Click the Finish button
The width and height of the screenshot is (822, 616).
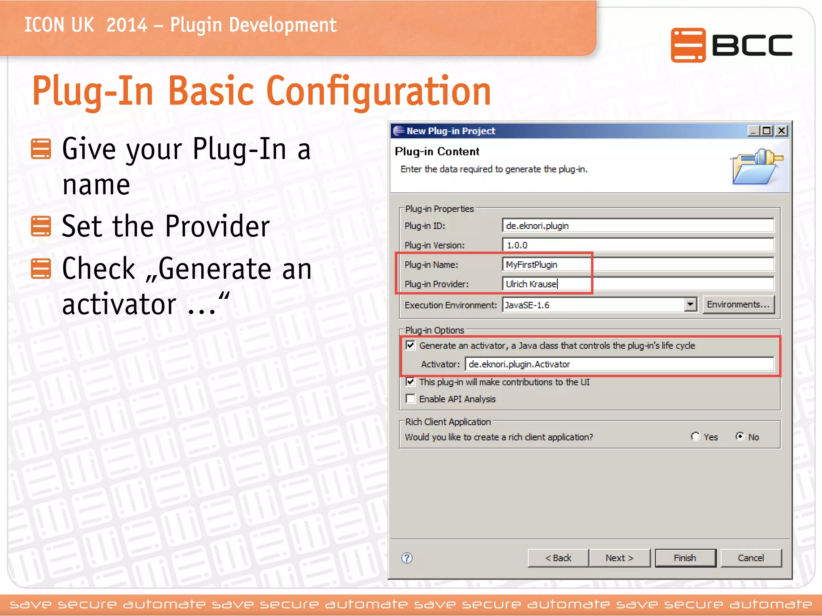pyautogui.click(x=685, y=558)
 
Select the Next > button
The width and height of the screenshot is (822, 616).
pyautogui.click(x=619, y=558)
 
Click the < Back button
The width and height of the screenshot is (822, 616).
pyautogui.click(x=558, y=558)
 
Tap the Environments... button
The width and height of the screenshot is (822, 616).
pyautogui.click(x=738, y=305)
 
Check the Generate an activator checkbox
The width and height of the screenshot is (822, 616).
pyautogui.click(x=410, y=345)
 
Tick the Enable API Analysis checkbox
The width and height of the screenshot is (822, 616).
pyautogui.click(x=410, y=399)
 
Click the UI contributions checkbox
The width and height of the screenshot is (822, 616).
pyautogui.click(x=410, y=382)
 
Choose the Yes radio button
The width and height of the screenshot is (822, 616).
pyautogui.click(x=695, y=436)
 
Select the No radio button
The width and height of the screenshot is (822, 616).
pyautogui.click(x=740, y=436)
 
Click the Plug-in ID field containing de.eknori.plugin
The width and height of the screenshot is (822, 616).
pyautogui.click(x=637, y=226)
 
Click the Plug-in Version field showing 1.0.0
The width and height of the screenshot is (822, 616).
pyautogui.click(x=637, y=245)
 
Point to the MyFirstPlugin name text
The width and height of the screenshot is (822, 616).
pyautogui.click(x=531, y=265)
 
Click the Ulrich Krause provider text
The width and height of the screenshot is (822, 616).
pyautogui.click(x=531, y=284)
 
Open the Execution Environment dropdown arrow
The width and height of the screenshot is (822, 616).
pyautogui.click(x=690, y=305)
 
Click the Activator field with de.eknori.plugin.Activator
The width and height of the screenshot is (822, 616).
pyautogui.click(x=619, y=364)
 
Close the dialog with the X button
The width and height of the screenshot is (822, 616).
pyautogui.click(x=781, y=131)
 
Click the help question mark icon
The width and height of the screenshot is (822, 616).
pyautogui.click(x=407, y=558)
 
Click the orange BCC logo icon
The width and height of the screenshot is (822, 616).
pyautogui.click(x=688, y=45)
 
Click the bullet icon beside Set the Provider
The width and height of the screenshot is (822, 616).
pyautogui.click(x=41, y=226)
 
